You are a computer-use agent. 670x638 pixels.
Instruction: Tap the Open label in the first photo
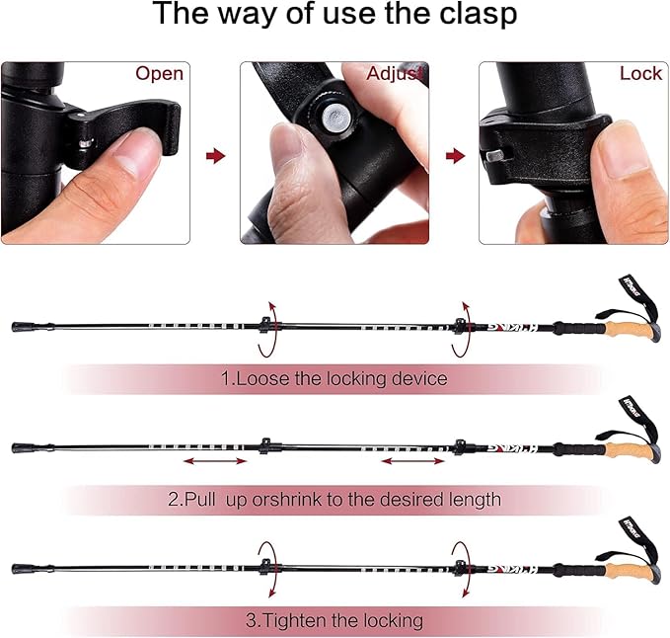pyautogui.click(x=160, y=74)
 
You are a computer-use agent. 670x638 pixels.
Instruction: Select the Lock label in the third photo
pyautogui.click(x=640, y=73)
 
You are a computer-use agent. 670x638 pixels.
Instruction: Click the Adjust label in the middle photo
pyautogui.click(x=395, y=74)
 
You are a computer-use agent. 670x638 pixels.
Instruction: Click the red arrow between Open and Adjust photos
pyautogui.click(x=215, y=156)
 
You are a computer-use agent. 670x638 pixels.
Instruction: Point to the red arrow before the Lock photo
pyautogui.click(x=455, y=156)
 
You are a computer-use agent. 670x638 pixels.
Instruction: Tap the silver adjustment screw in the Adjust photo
pyautogui.click(x=336, y=117)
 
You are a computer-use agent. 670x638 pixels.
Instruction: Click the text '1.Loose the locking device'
pyautogui.click(x=334, y=379)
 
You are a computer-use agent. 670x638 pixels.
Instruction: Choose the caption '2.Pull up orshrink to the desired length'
pyautogui.click(x=335, y=500)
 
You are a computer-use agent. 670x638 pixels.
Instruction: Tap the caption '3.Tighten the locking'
pyautogui.click(x=335, y=620)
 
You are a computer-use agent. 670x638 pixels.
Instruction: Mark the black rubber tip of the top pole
pyautogui.click(x=20, y=327)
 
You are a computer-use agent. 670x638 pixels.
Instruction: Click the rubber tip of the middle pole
pyautogui.click(x=20, y=448)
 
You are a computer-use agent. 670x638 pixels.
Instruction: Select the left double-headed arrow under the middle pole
pyautogui.click(x=215, y=461)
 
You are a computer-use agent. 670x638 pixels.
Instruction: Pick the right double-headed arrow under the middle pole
pyautogui.click(x=412, y=461)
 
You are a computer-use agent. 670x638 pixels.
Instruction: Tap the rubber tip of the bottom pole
pyautogui.click(x=20, y=569)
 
